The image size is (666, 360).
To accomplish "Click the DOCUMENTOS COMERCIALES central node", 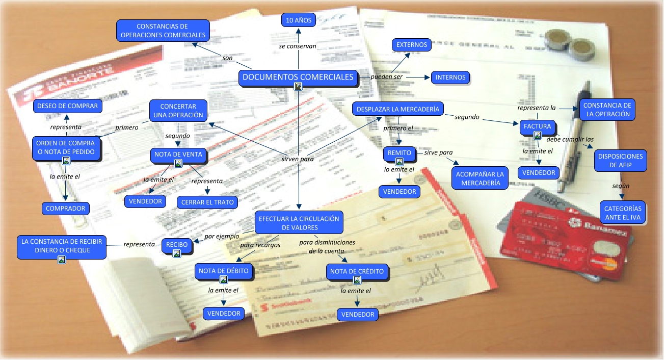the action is click(x=298, y=78).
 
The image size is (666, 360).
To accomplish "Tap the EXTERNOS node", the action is click(x=412, y=44).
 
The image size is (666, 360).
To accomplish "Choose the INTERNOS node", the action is click(x=450, y=78).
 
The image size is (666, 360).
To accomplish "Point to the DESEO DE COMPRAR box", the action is click(x=67, y=106).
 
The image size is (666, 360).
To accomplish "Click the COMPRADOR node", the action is click(x=66, y=208).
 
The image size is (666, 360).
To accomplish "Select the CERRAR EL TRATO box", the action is click(x=207, y=202).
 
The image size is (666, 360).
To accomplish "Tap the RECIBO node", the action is click(x=177, y=245).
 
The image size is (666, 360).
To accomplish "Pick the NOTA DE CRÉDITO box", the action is click(x=357, y=271).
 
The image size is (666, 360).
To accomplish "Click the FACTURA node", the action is click(x=537, y=126).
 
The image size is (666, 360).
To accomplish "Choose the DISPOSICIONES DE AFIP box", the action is click(x=620, y=161).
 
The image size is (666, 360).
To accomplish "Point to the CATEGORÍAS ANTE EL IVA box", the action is click(x=623, y=213).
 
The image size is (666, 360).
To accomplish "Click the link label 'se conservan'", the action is click(x=298, y=46).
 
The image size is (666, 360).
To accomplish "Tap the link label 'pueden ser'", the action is click(x=386, y=76).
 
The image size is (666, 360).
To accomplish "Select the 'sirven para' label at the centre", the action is click(x=298, y=159).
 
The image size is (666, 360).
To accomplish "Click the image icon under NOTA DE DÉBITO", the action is click(x=223, y=279).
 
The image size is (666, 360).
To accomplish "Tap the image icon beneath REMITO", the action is click(x=399, y=162).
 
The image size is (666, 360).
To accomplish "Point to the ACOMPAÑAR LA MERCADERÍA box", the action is click(x=481, y=178).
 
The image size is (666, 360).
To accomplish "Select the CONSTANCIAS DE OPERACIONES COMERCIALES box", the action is click(x=163, y=31).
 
